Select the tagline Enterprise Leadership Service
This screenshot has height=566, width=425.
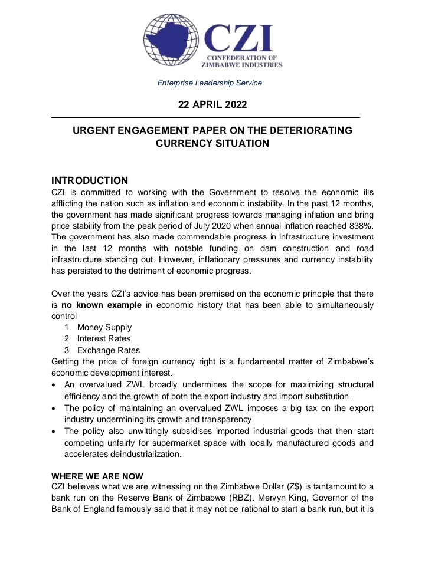210,83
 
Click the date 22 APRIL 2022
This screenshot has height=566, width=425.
212,105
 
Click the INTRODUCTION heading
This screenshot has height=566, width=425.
90,180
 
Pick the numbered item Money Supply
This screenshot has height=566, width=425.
104,327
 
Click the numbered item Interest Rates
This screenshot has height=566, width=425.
104,338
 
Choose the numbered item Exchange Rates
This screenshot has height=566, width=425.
109,350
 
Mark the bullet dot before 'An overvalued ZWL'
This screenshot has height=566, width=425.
54,385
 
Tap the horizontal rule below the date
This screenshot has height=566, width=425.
205,118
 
